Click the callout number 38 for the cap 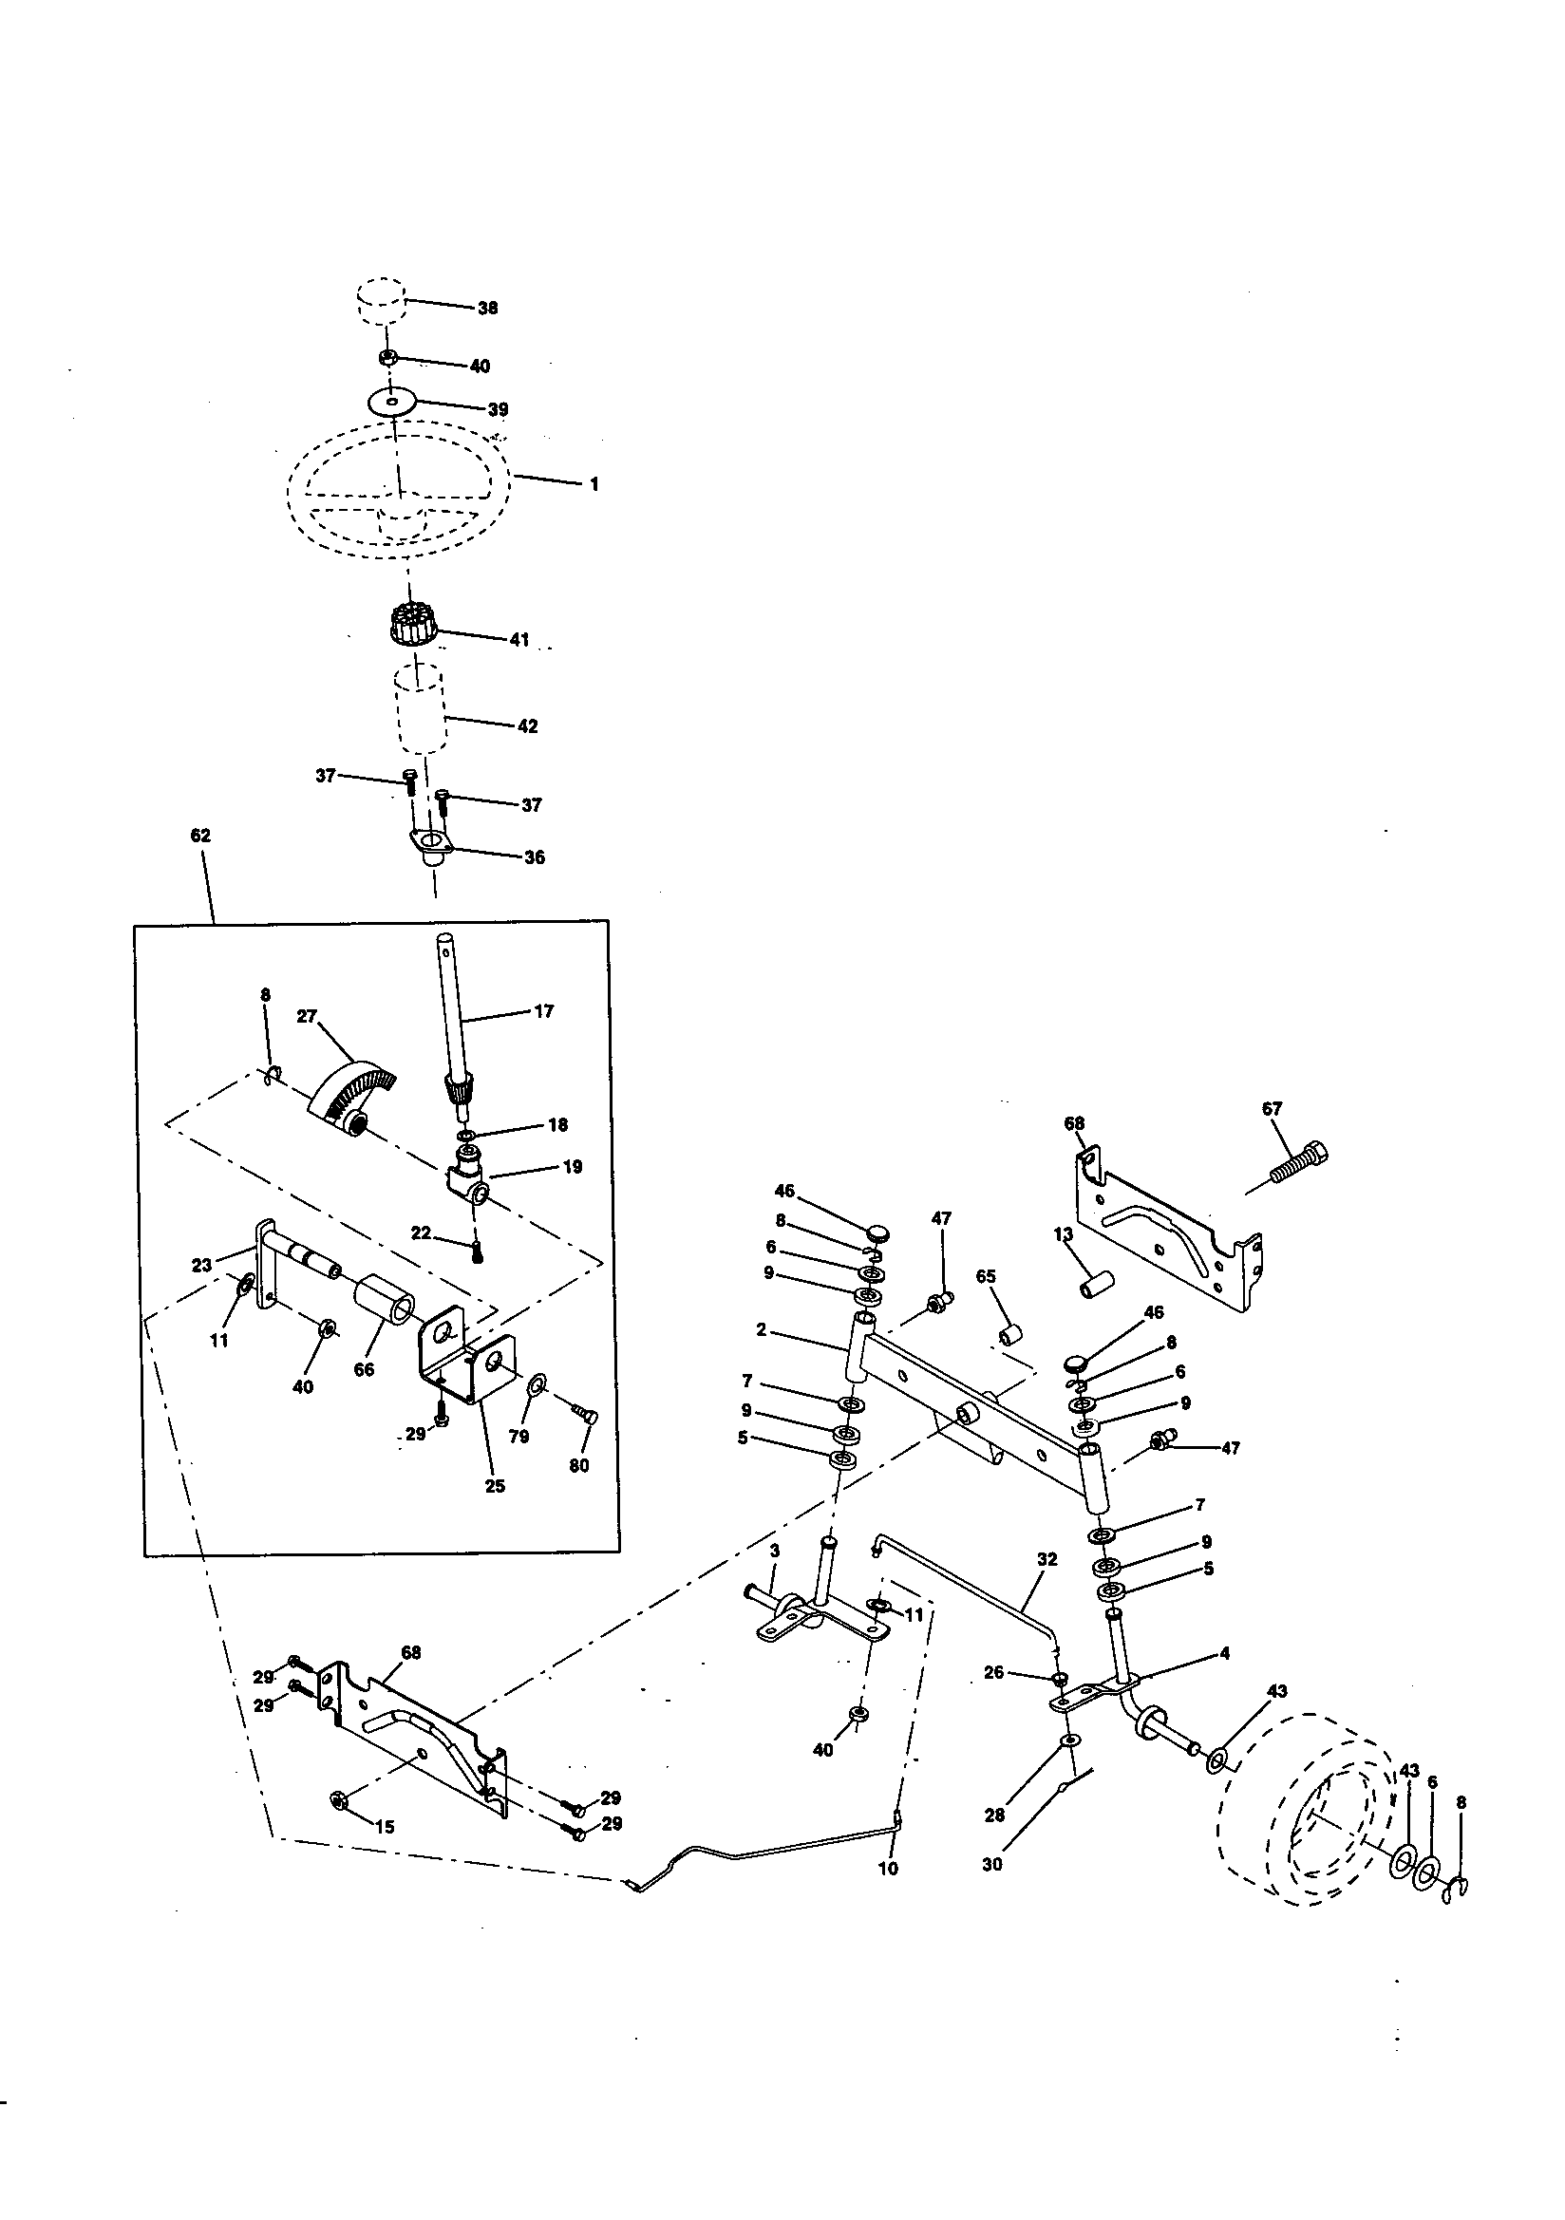pyautogui.click(x=487, y=308)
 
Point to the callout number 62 pyautogui.click(x=200, y=836)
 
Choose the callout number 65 pyautogui.click(x=986, y=1276)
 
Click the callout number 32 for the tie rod pyautogui.click(x=1046, y=1558)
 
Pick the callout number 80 pyautogui.click(x=578, y=1465)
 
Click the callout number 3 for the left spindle pyautogui.click(x=774, y=1550)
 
